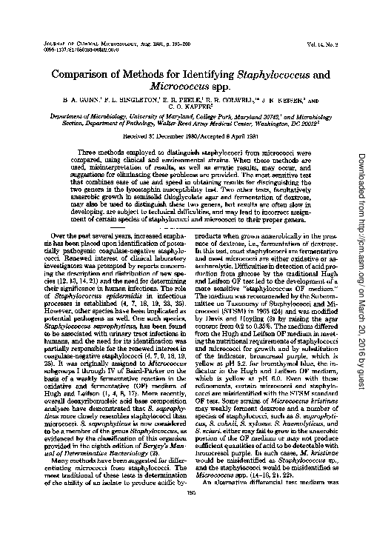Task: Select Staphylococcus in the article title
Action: click(x=244, y=75)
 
